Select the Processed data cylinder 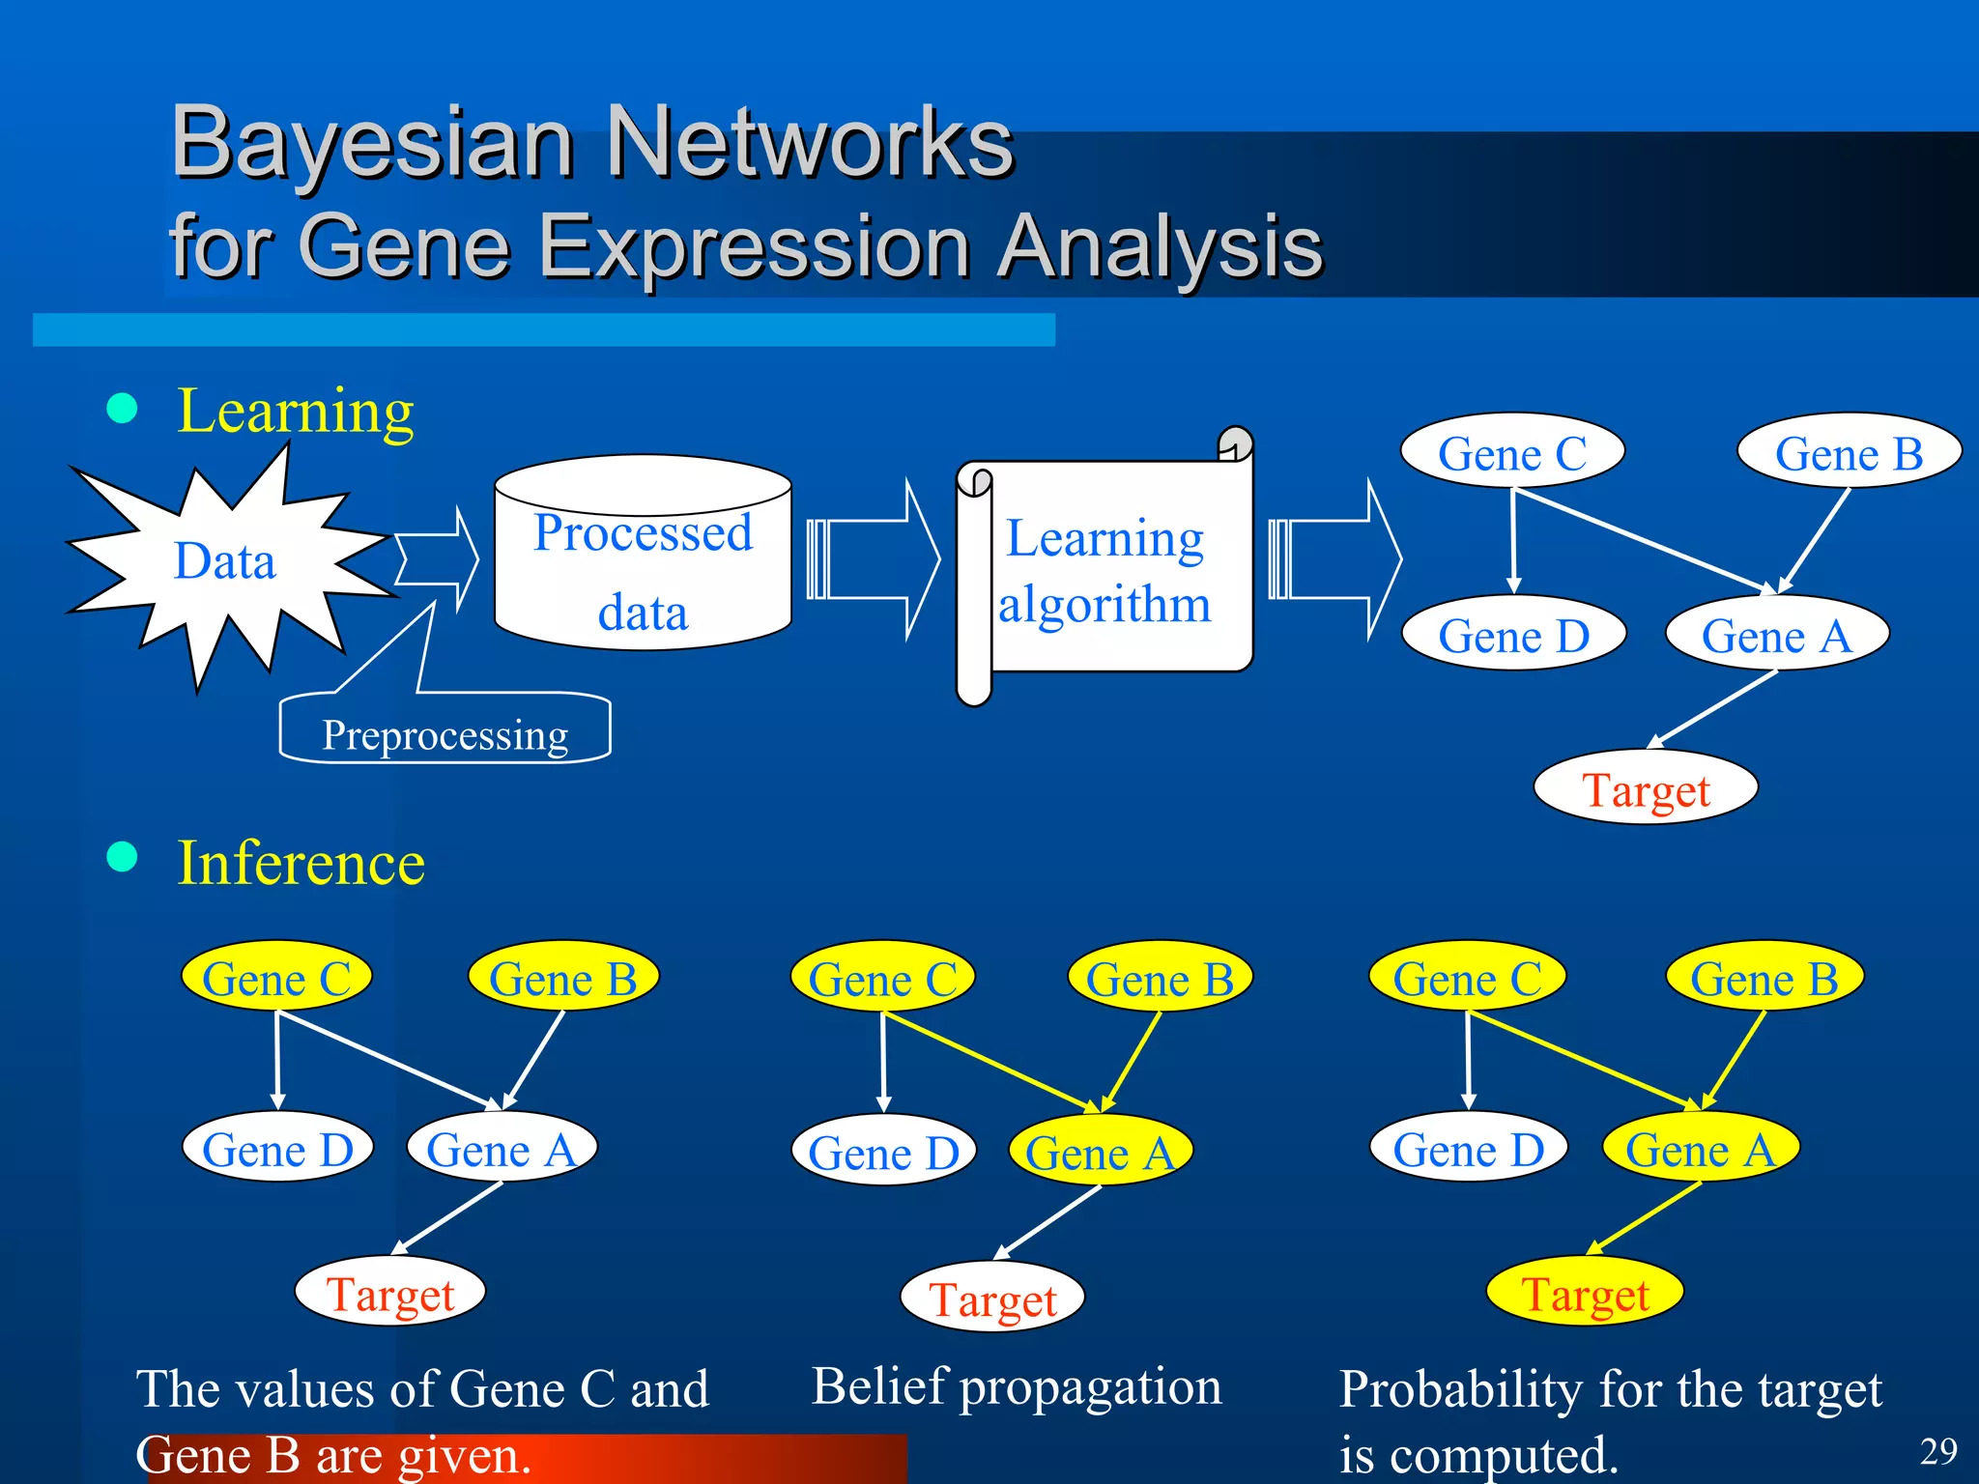click(x=643, y=570)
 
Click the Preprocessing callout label click(x=445, y=734)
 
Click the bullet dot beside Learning click(x=122, y=408)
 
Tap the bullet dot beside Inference click(x=122, y=856)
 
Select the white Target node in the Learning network click(x=1645, y=788)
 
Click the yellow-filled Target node click(x=1585, y=1293)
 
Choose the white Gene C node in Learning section click(x=1512, y=452)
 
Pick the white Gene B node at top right click(x=1849, y=452)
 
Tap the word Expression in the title click(x=754, y=246)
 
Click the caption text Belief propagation click(x=1016, y=1387)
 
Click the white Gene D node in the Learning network click(x=1513, y=635)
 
